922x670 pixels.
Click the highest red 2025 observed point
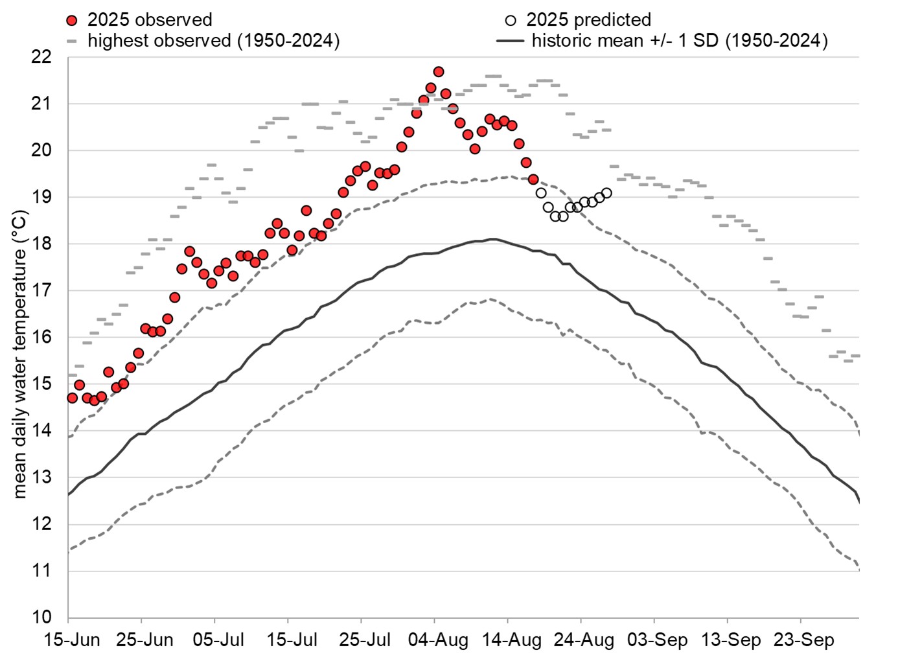pos(439,72)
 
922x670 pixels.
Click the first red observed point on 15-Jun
pos(72,398)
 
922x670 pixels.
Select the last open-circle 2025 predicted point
pos(606,193)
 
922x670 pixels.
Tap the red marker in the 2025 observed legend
pos(72,20)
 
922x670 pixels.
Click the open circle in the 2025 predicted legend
pos(511,20)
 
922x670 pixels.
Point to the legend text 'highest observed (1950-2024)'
pos(214,41)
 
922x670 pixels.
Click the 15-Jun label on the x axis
pos(71,640)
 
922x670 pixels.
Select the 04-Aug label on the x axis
pos(439,640)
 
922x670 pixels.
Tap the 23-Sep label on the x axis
pos(804,640)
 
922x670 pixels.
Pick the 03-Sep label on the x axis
pos(658,640)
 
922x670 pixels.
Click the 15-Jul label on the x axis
pos(292,640)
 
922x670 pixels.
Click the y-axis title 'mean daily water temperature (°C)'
pos(20,354)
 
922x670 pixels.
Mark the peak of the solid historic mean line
pos(492,239)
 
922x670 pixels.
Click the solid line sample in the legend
pos(510,41)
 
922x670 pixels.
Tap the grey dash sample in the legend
pos(72,41)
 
